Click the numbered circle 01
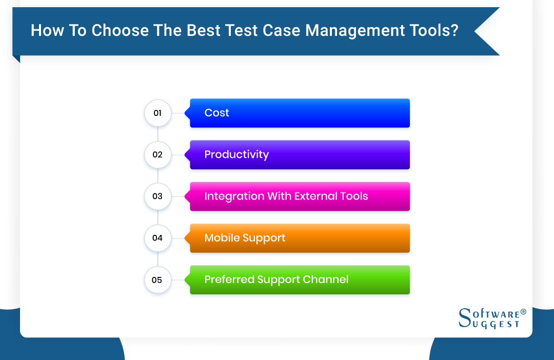tap(157, 113)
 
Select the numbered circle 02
tap(157, 154)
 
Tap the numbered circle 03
tap(157, 196)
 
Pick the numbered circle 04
tap(157, 238)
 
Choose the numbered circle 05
tap(157, 280)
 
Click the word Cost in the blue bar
tap(216, 113)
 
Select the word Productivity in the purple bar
tap(236, 154)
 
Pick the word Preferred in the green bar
tap(229, 279)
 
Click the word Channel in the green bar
tap(326, 279)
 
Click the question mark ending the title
tap(454, 31)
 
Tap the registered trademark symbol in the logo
tap(523, 312)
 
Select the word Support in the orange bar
tap(265, 238)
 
